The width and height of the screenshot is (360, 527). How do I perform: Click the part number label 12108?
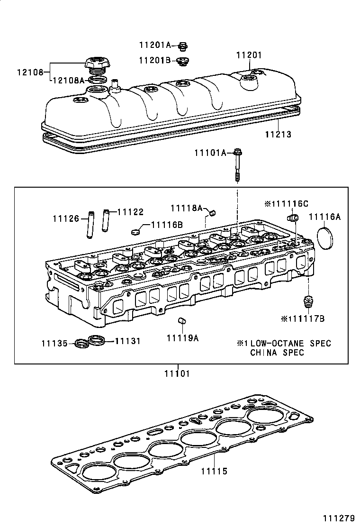coord(30,73)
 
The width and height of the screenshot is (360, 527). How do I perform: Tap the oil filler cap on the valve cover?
coord(99,64)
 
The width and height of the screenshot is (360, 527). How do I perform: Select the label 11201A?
coord(155,45)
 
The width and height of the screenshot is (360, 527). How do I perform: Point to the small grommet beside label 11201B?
coord(183,61)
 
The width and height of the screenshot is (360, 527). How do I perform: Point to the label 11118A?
coord(187,209)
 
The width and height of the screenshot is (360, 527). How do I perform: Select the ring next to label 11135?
coord(82,342)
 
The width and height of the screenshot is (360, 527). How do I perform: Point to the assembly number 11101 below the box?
coord(177,373)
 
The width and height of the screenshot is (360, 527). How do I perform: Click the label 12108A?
coord(68,81)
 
